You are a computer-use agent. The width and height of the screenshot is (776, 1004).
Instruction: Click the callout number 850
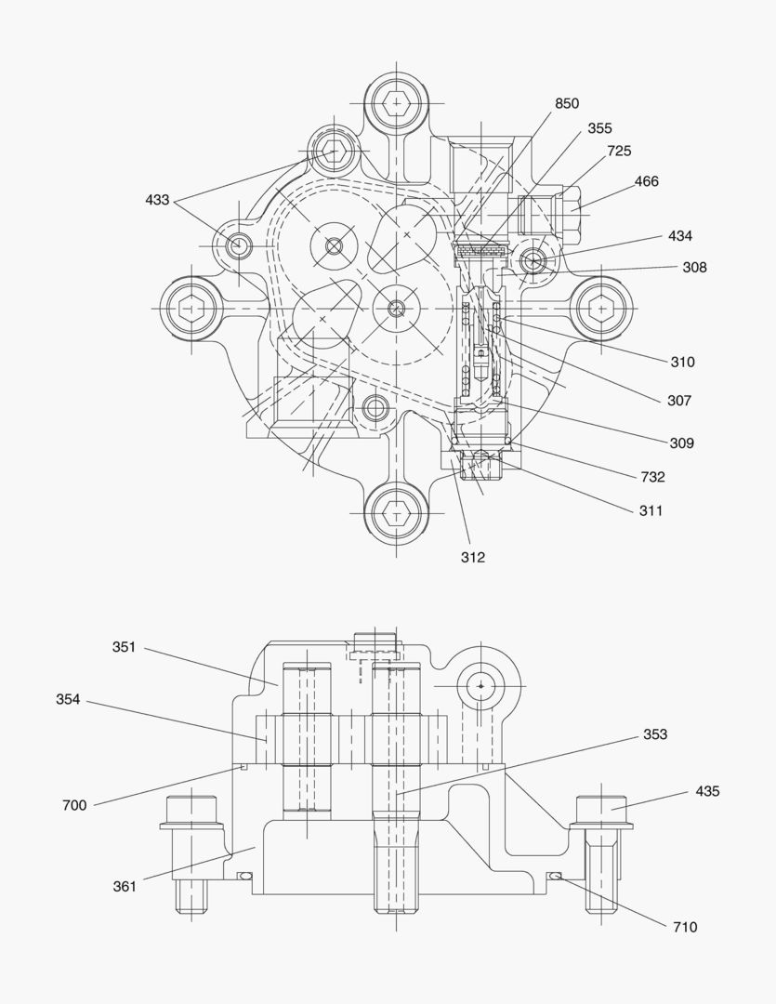567,103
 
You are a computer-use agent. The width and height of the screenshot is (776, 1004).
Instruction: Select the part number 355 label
599,128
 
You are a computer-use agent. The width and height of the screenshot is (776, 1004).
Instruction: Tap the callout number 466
646,181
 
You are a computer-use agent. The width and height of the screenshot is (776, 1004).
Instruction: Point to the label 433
157,200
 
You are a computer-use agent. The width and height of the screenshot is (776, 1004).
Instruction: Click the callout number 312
472,558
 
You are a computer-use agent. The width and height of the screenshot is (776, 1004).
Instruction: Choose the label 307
679,401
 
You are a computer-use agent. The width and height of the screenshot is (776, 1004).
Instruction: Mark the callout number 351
125,647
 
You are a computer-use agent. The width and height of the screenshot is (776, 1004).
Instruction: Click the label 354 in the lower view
68,699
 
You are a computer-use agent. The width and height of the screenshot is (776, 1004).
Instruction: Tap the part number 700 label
74,805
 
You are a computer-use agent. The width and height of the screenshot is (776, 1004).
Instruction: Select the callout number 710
684,927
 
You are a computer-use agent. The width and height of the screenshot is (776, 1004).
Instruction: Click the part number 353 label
655,734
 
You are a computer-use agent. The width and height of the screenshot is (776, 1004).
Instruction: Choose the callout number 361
125,886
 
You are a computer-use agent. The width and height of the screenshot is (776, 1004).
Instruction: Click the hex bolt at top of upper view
397,101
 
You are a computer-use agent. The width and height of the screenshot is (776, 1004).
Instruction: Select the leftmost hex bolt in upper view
192,307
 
